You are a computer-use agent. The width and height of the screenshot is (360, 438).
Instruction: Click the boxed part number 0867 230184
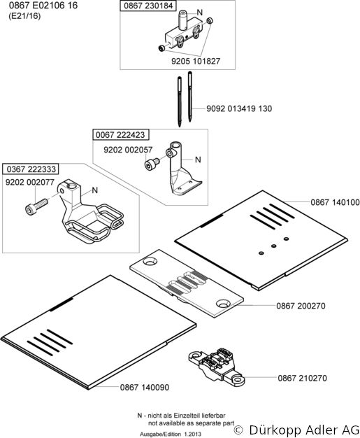tap(148, 6)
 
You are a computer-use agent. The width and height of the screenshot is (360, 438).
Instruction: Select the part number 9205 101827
tap(196, 61)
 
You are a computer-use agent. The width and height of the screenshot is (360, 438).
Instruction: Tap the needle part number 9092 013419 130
tap(239, 108)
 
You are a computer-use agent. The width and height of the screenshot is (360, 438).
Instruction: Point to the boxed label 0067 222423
tap(120, 135)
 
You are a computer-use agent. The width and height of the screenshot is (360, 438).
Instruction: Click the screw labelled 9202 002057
tap(152, 164)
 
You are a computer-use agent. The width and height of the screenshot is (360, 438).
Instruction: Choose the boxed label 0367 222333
tap(31, 169)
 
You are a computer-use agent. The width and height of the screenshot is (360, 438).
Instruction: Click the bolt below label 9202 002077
tap(36, 206)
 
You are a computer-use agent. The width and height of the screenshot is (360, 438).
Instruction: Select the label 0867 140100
tap(335, 202)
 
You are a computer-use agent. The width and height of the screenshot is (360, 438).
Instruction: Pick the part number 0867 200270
tap(301, 306)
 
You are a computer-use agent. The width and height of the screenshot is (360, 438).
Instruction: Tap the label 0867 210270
tap(302, 379)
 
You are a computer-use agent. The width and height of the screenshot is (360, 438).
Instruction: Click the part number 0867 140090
tap(145, 388)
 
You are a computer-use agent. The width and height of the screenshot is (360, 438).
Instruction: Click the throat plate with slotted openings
tap(187, 283)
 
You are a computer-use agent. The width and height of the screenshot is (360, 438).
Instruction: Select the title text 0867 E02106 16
tap(43, 6)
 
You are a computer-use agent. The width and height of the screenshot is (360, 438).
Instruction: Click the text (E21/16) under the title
tap(25, 16)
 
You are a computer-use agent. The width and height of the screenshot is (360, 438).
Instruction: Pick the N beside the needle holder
tap(199, 13)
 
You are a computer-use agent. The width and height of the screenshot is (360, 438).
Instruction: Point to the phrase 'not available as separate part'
tap(191, 423)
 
